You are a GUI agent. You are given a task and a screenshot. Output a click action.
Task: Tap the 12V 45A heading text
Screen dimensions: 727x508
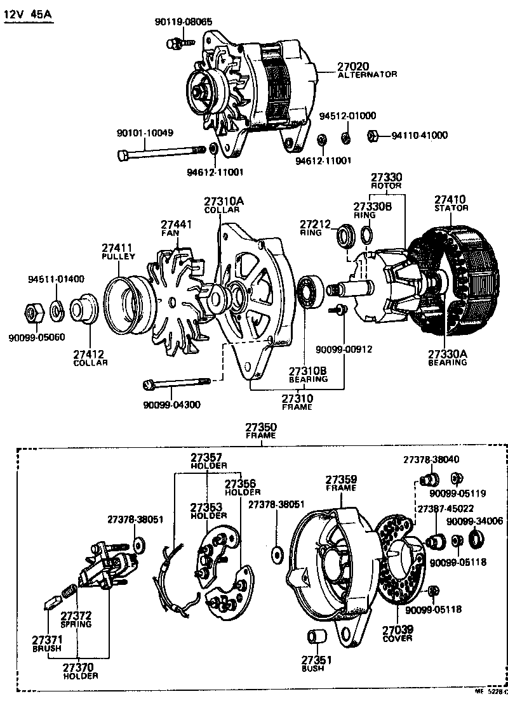click(x=29, y=13)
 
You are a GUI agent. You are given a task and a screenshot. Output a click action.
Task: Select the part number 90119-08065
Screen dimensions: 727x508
click(x=184, y=22)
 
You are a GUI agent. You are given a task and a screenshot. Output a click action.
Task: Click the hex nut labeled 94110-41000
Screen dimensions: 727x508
click(x=374, y=135)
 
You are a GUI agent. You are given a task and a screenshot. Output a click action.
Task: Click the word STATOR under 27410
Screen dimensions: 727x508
click(x=451, y=208)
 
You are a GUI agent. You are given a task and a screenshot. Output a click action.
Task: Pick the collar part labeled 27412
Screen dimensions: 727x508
click(x=82, y=311)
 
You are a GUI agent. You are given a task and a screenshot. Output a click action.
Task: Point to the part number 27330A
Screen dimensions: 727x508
click(x=446, y=354)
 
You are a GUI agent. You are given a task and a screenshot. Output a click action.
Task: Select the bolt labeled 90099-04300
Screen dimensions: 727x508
click(x=177, y=384)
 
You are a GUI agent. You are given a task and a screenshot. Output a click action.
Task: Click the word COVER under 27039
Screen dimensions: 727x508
click(x=398, y=638)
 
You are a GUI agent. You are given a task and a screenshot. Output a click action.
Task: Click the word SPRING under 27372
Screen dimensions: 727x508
click(x=76, y=624)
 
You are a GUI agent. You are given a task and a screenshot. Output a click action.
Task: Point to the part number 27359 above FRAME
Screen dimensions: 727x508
click(x=342, y=480)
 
